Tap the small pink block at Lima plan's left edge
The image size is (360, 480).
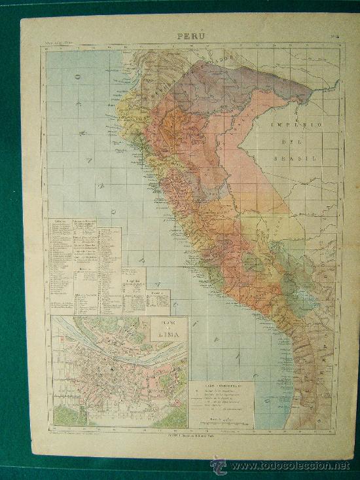(x=58, y=341)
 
